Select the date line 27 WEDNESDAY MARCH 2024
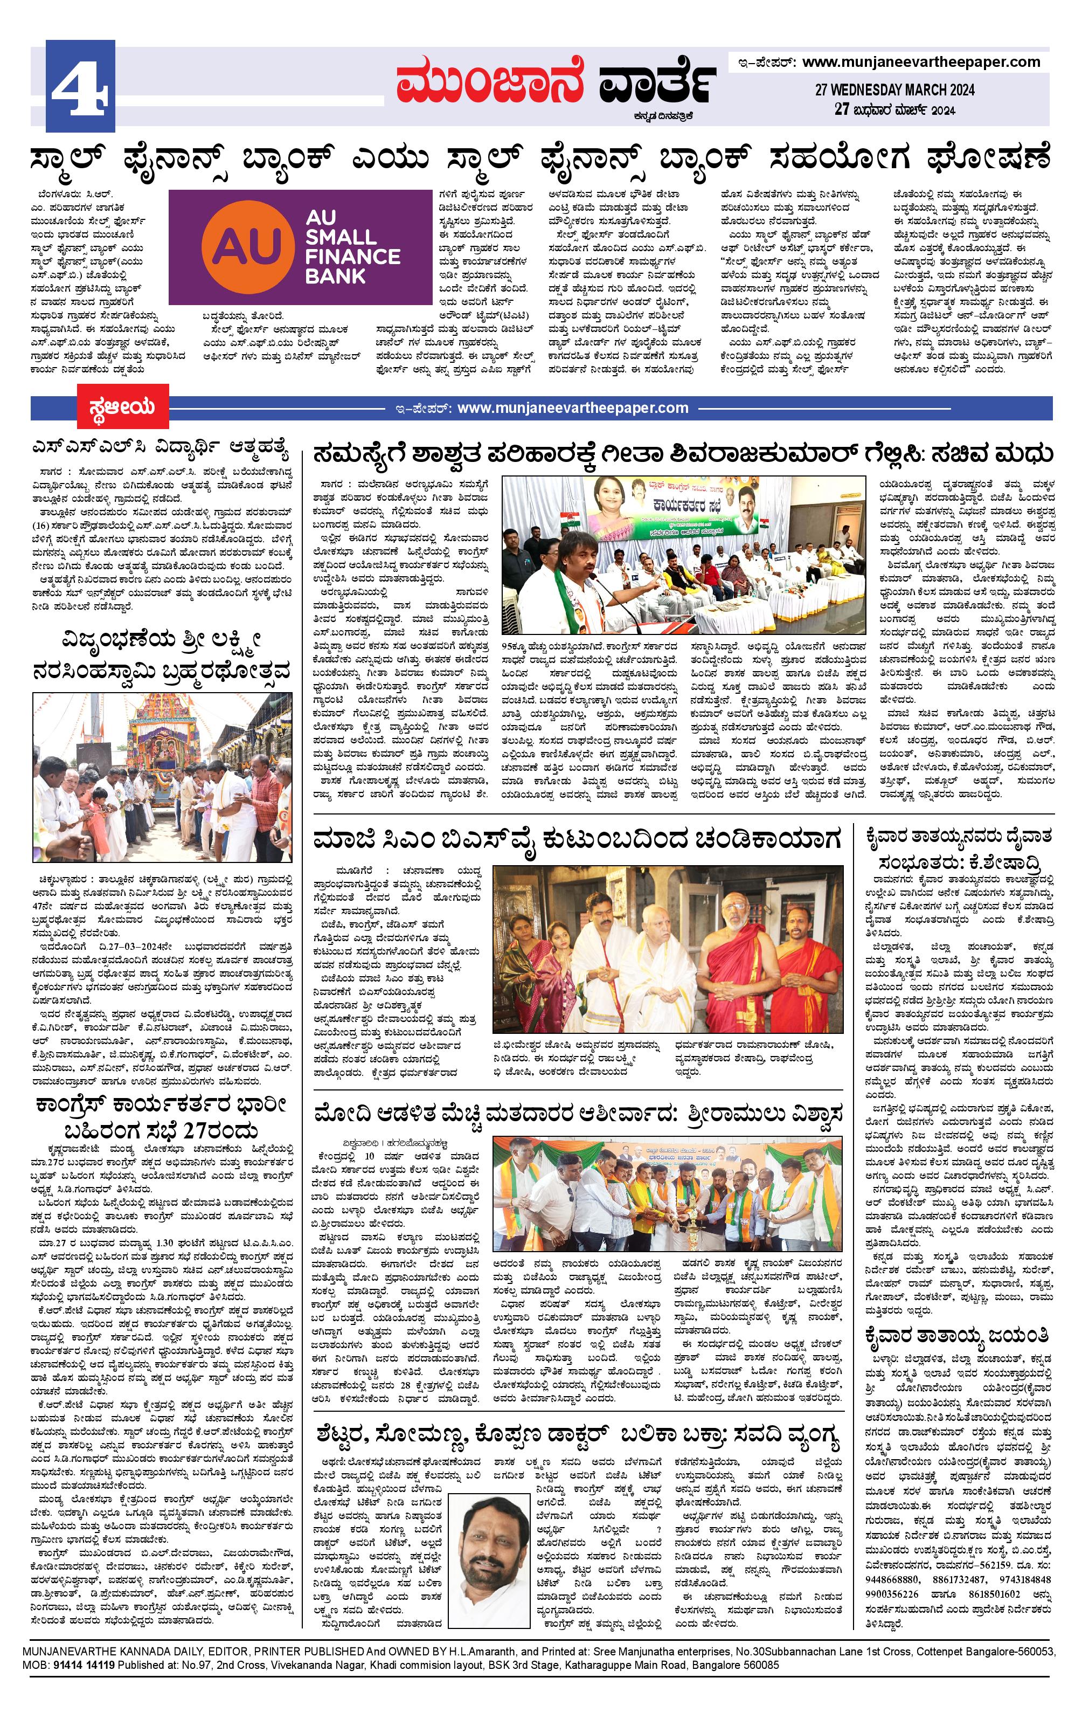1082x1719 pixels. tap(894, 90)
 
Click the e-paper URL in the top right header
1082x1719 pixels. tap(921, 62)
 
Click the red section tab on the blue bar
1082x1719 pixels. tap(123, 408)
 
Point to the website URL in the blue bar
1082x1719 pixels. tap(572, 409)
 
